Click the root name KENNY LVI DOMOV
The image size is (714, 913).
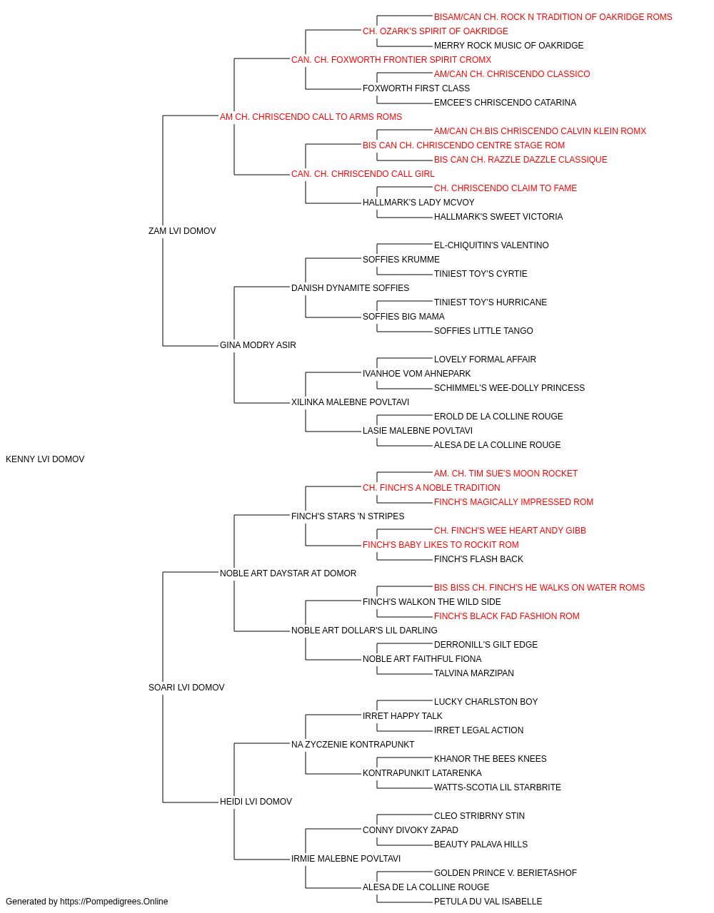[45, 459]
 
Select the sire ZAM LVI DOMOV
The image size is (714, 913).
[182, 230]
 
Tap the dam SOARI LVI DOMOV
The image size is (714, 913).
[186, 688]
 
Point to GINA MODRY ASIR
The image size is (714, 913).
[258, 345]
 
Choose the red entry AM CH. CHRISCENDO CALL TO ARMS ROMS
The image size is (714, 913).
[311, 117]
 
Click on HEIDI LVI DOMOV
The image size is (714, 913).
[256, 802]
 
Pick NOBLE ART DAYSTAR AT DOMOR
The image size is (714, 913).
[288, 573]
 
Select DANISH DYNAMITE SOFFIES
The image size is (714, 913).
[351, 287]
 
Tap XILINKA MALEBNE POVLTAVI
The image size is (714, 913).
[351, 402]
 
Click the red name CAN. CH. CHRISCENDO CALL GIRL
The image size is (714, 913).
[363, 174]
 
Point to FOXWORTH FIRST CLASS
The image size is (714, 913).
[416, 88]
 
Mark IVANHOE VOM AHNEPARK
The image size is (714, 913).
[417, 374]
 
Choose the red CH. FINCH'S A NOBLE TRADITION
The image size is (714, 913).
[431, 488]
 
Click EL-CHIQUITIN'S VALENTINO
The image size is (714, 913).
[491, 245]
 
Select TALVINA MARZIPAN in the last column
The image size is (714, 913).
[474, 673]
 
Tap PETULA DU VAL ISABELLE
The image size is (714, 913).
[488, 902]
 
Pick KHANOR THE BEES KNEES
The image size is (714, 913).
[491, 759]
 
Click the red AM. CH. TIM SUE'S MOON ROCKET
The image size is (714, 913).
[506, 474]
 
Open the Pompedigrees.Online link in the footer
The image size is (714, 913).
[114, 902]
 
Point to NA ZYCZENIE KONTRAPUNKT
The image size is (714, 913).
[353, 745]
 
